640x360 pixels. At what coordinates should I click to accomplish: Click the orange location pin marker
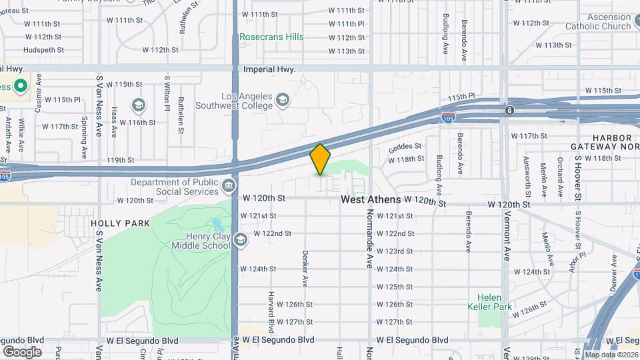(321, 159)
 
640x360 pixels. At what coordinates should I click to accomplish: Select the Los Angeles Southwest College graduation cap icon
(283, 100)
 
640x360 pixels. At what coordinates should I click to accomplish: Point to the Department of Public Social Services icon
(229, 185)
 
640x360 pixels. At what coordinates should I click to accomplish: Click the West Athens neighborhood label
(371, 199)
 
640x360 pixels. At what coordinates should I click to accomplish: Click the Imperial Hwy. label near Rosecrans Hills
(269, 69)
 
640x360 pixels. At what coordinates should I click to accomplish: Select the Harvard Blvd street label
(271, 311)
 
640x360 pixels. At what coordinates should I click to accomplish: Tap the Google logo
(22, 352)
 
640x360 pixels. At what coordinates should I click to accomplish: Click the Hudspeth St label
(43, 50)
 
